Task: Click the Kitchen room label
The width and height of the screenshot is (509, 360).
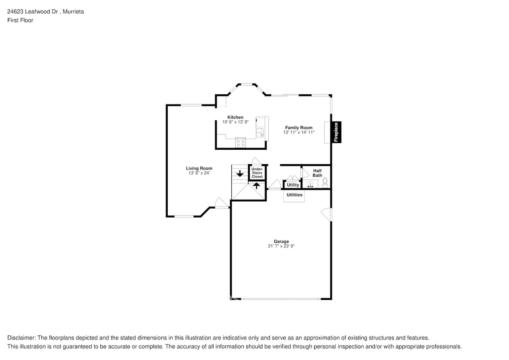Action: point(235,117)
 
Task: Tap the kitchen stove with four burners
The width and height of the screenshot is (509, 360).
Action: point(240,143)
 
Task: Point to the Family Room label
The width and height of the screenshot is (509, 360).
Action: point(299,128)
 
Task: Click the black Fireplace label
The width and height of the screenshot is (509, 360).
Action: point(336,132)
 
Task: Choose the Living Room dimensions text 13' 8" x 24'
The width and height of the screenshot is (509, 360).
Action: point(199,173)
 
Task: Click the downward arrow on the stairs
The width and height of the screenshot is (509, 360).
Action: point(240,174)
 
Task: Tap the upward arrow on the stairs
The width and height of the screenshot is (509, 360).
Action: point(256,186)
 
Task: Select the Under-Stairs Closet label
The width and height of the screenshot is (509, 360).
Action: point(257,173)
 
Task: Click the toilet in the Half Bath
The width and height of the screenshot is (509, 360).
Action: point(325,183)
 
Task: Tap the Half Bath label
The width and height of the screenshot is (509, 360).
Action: point(317,173)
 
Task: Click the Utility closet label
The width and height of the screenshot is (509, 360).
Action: point(293,185)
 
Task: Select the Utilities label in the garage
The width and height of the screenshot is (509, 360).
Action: point(294,195)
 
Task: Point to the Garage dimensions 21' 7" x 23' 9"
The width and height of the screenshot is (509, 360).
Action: point(281,246)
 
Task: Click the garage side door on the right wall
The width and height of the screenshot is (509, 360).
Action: point(327,215)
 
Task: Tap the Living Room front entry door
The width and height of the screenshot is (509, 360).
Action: point(221,203)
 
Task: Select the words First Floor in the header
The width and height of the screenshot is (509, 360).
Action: point(20,20)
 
